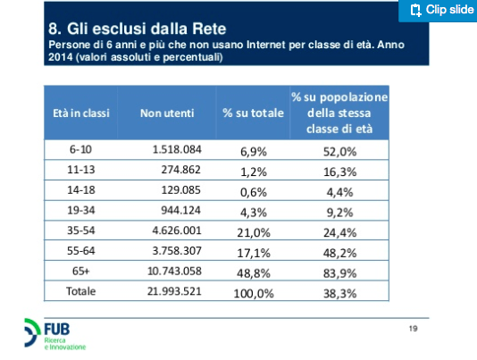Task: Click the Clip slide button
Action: click(x=438, y=11)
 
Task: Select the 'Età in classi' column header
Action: click(x=81, y=113)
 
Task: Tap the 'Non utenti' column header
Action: click(x=167, y=113)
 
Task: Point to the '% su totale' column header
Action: click(x=253, y=113)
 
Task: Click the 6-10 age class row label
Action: click(x=80, y=149)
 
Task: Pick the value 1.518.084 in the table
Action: click(x=177, y=149)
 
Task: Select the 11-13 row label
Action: click(x=81, y=170)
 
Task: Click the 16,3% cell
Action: click(x=339, y=172)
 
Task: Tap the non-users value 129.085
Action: click(x=180, y=190)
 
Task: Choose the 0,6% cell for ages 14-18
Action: click(x=254, y=192)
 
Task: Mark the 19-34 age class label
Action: click(x=81, y=210)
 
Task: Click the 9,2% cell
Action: click(x=339, y=213)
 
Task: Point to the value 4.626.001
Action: click(x=177, y=230)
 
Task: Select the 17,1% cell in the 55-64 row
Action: click(x=254, y=253)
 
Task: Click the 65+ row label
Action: click(x=81, y=271)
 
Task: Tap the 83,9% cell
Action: click(x=339, y=273)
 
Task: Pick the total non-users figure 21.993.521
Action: click(x=174, y=291)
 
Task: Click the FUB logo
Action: click(x=54, y=334)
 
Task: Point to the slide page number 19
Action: click(x=413, y=329)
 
